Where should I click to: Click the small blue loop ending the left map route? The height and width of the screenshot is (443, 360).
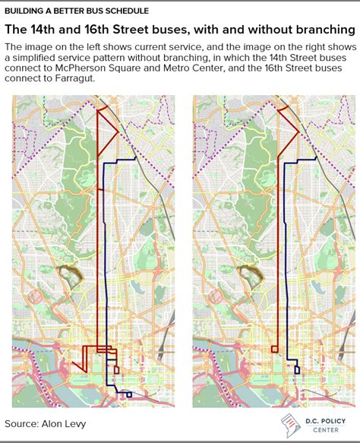128,394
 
